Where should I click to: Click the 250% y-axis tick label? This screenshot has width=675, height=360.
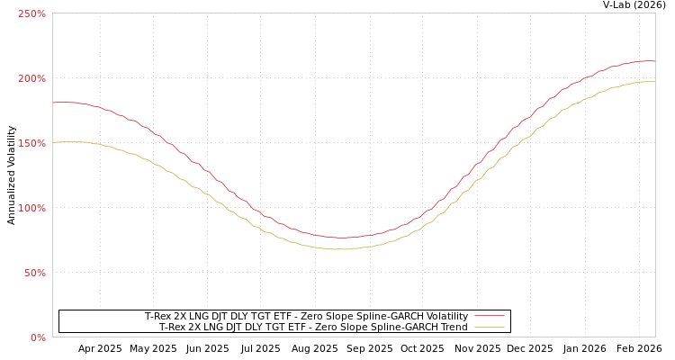pos(31,13)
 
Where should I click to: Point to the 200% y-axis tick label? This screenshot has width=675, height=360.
pos(31,78)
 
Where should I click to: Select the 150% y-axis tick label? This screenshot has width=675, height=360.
pos(31,143)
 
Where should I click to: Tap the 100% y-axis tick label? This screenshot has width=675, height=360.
pos(31,208)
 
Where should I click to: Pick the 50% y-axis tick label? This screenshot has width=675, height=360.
pos(34,273)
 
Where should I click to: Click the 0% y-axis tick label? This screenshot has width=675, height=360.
pos(38,337)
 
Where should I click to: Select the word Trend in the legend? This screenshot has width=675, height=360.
pos(453,328)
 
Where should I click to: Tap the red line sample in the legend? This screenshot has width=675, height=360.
pos(490,317)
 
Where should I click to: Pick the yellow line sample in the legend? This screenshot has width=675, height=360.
pos(490,328)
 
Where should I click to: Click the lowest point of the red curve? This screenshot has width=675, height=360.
pos(342,238)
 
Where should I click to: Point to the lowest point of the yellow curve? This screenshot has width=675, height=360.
pos(340,248)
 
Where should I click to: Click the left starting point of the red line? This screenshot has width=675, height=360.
pos(53,103)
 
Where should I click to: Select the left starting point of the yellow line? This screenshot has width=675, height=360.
pos(53,142)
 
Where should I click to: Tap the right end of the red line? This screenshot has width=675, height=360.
pos(654,61)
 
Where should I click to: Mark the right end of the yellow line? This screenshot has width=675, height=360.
pos(654,82)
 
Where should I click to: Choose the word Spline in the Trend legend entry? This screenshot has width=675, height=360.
pos(369,328)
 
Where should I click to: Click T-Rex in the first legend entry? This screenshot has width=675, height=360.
pos(158,317)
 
